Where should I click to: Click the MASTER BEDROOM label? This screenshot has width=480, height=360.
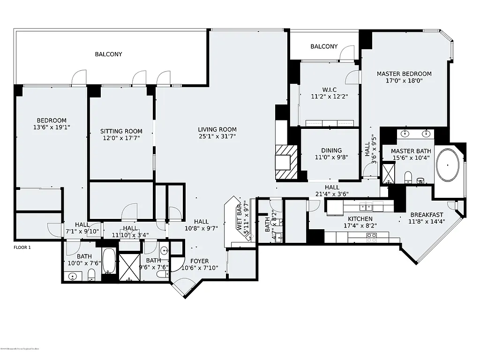click(404, 74)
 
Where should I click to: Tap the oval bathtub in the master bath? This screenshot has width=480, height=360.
click(449, 165)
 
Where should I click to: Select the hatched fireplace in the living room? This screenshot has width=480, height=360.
click(285, 162)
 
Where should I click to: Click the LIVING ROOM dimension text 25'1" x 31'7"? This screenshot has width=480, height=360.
click(217, 136)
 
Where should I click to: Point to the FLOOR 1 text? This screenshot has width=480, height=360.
click(22, 247)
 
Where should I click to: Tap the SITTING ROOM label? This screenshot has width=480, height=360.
click(121, 131)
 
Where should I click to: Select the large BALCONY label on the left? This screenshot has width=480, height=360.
click(108, 54)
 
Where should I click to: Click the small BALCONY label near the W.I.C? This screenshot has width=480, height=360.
click(324, 46)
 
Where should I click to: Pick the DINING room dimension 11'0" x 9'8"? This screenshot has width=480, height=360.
click(331, 157)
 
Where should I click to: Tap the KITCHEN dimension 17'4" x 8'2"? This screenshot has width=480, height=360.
click(360, 225)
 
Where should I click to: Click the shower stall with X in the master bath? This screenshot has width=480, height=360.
click(389, 172)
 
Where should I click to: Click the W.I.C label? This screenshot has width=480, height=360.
click(329, 90)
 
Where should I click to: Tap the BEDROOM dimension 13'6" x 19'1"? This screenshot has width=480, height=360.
click(52, 127)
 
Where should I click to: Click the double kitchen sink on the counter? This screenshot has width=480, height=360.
click(366, 206)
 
